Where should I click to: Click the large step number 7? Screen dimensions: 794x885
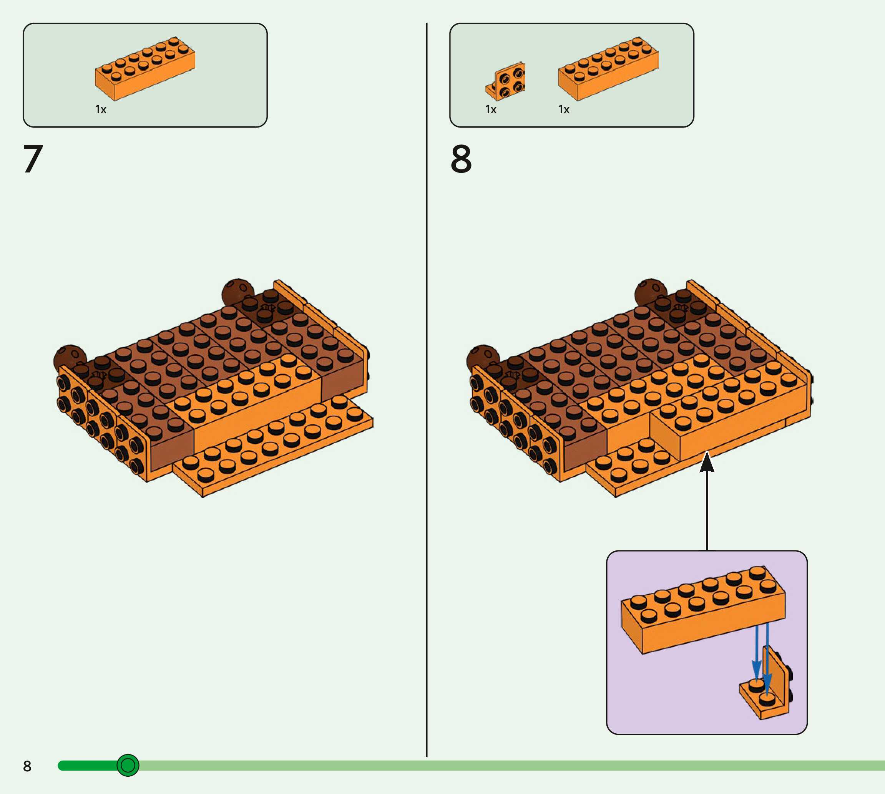pyautogui.click(x=33, y=159)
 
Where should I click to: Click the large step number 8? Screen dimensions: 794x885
pyautogui.click(x=461, y=159)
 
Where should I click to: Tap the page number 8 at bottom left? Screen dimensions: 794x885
pyautogui.click(x=27, y=766)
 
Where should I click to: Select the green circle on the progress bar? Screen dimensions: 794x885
pyautogui.click(x=128, y=765)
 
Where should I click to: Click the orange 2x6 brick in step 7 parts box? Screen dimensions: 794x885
pyautogui.click(x=145, y=69)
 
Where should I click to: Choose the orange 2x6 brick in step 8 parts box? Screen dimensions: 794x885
pyautogui.click(x=608, y=69)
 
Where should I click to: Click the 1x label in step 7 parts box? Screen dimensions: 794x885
pyautogui.click(x=101, y=109)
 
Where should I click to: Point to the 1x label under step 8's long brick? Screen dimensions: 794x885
pyautogui.click(x=563, y=109)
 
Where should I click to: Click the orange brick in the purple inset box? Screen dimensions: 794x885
pyautogui.click(x=702, y=611)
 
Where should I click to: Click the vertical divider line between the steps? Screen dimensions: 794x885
pyautogui.click(x=426, y=393)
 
